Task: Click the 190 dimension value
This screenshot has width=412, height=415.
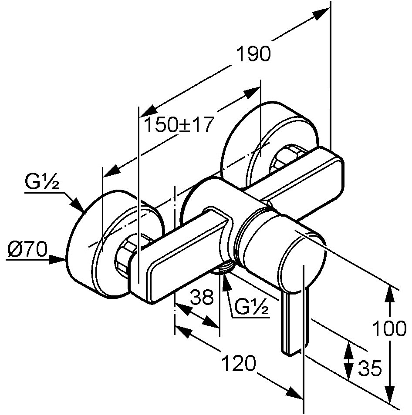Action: (253, 54)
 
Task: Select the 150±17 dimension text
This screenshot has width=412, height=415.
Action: (179, 125)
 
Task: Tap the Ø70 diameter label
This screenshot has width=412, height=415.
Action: (27, 249)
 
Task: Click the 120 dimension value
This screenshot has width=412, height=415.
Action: (239, 363)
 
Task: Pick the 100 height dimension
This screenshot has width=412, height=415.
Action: (389, 328)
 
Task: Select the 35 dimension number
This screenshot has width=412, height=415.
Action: (370, 368)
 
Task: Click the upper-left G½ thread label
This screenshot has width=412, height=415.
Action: (42, 182)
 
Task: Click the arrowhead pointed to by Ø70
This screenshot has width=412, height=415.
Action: (58, 259)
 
